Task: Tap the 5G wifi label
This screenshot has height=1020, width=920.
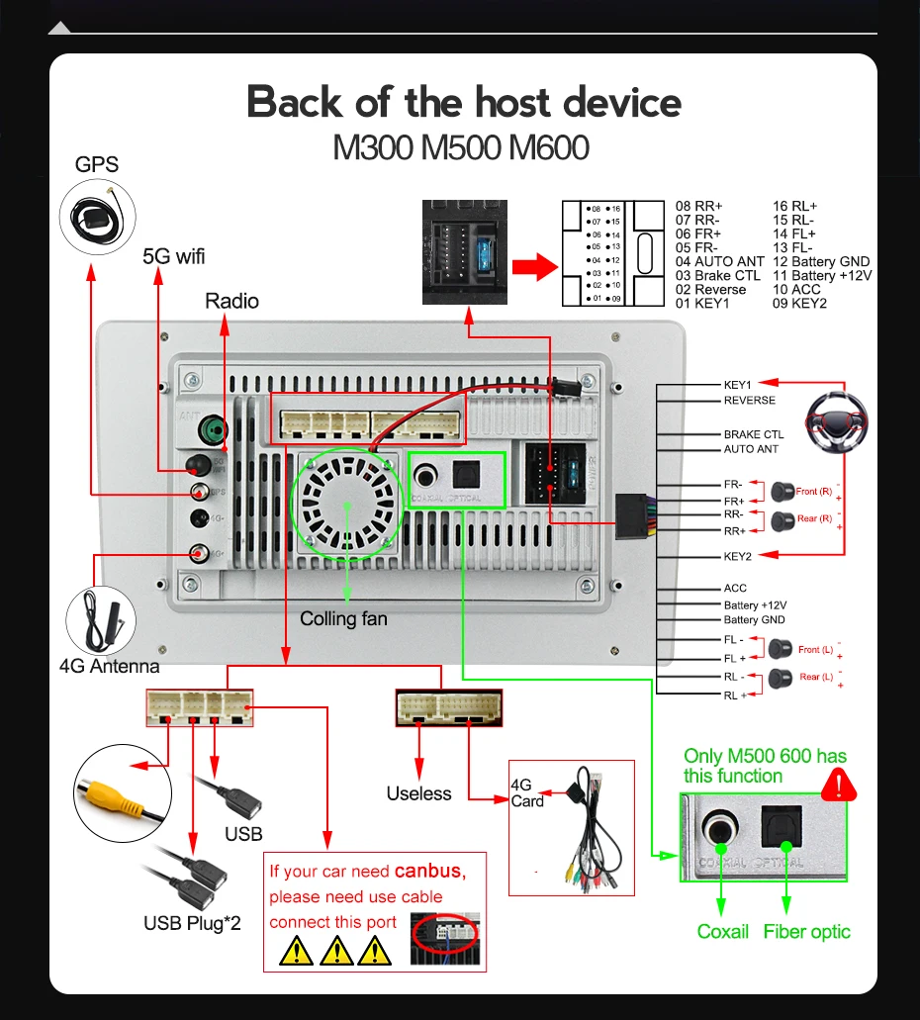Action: [174, 256]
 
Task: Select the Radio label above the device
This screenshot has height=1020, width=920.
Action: [231, 301]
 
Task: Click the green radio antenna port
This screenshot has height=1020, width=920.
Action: [213, 431]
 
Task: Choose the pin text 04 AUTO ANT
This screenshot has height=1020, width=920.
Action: [719, 261]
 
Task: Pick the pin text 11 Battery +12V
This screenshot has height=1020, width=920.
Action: [822, 275]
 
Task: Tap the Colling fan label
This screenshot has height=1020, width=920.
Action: [343, 619]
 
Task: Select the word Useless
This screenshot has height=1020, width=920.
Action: [418, 793]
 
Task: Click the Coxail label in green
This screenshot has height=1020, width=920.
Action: [723, 931]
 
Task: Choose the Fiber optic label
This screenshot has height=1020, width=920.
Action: [806, 931]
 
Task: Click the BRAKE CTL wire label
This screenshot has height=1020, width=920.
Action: [753, 434]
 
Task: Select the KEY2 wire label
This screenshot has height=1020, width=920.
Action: [738, 556]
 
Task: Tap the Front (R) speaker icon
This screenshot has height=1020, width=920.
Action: [782, 490]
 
